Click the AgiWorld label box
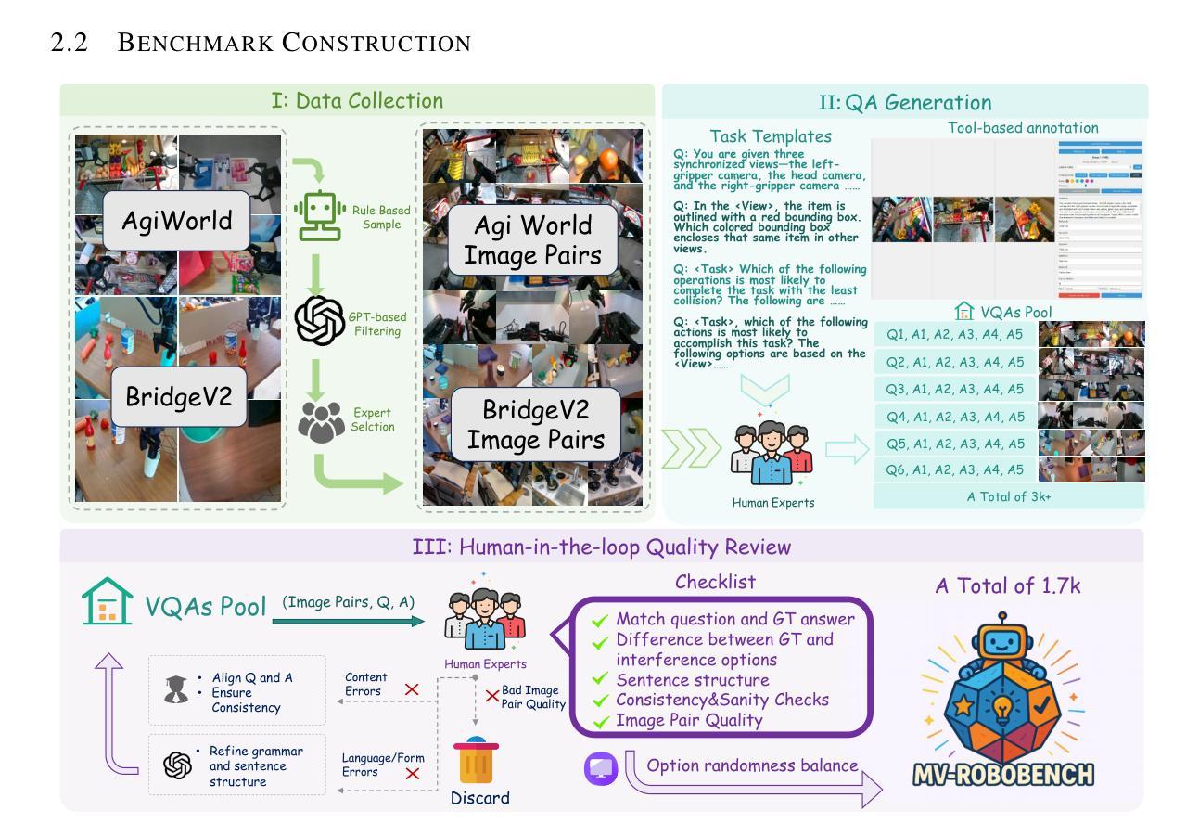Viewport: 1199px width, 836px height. tap(176, 221)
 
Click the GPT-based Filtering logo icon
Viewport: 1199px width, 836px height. tap(320, 320)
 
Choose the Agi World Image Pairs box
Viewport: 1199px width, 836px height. tap(532, 239)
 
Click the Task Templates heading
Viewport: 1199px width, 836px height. tap(770, 136)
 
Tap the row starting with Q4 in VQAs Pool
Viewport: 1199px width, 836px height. tap(955, 417)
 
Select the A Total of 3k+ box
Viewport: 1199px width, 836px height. tap(1009, 496)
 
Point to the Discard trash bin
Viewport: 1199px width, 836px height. tap(477, 762)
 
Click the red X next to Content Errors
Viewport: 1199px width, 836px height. tap(412, 689)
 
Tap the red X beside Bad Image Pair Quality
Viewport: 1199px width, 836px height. tap(492, 696)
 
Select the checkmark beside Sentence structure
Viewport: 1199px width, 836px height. tap(601, 680)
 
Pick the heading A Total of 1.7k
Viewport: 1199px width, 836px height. tap(1007, 585)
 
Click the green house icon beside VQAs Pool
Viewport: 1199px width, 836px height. tap(108, 605)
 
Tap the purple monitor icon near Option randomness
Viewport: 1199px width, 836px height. tap(601, 767)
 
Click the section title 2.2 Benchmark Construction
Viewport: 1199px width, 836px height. tap(261, 43)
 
